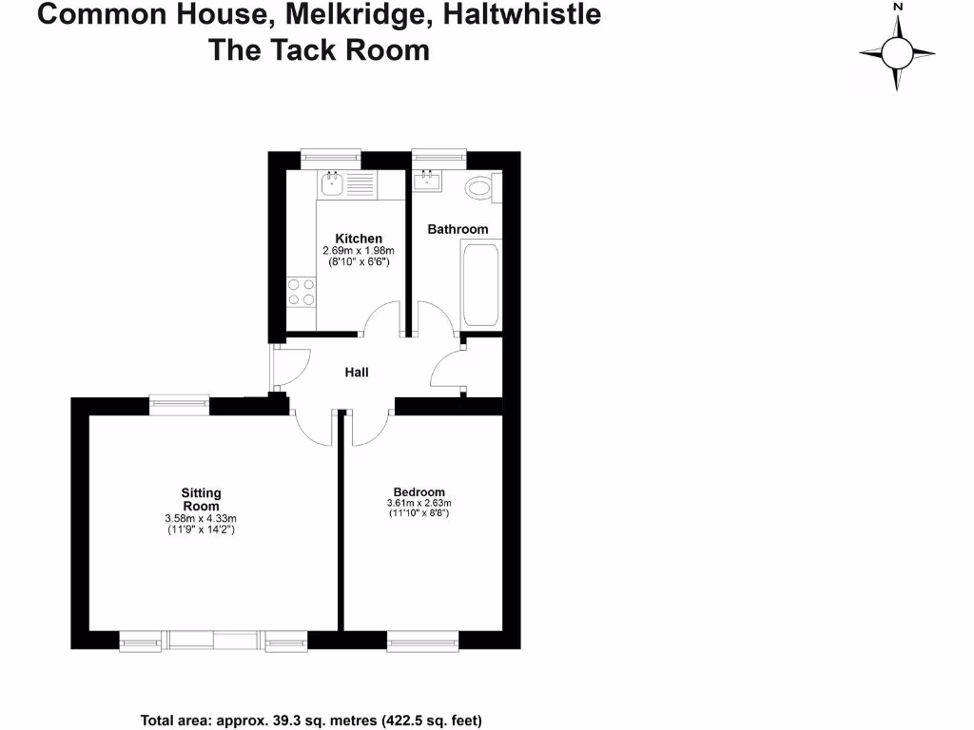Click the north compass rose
897,51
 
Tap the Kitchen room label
359,239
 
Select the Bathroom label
458,229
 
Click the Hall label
357,373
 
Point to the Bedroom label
419,492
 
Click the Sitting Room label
201,499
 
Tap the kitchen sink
332,183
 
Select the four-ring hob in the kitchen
302,292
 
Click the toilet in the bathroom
481,188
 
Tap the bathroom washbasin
429,180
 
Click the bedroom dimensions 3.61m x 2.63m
419,504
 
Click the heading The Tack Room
319,49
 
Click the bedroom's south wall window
423,644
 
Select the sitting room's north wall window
179,405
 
